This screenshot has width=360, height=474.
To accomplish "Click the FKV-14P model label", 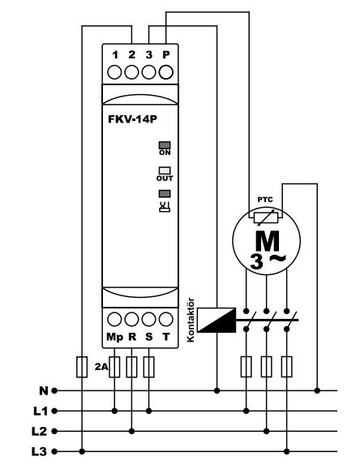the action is pos(132,119).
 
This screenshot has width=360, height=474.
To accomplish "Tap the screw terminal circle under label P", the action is pos(165,72).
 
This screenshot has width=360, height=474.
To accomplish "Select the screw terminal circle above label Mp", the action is pos(114,319).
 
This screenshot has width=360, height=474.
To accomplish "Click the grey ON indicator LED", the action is pos(165,145).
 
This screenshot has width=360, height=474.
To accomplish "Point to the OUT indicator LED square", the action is pos(165,170).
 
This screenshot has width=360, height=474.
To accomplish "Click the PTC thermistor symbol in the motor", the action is pos(266,218).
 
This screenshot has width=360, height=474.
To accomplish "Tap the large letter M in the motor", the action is pos(268,240).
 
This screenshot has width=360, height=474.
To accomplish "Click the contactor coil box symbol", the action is pos(216,320).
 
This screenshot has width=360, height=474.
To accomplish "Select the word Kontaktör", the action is pos(191,320).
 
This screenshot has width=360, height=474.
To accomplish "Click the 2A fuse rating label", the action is pos(101,367).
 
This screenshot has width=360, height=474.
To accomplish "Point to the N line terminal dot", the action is pos(54,391).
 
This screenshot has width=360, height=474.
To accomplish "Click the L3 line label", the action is pos(40,451).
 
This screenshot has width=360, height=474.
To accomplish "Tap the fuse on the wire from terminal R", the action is pos(131,367).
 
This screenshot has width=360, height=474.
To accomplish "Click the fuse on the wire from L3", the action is pos(82,367).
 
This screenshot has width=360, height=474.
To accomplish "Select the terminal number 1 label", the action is pos(115,55).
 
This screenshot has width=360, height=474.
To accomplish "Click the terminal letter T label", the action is pos(165,337).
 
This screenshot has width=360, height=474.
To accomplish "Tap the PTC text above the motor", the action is pos(265,200).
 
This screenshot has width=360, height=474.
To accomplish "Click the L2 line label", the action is pos(40,431).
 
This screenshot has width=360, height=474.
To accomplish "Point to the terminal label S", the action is pos(149,337).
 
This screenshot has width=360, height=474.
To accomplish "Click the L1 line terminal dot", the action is pos(54,411).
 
